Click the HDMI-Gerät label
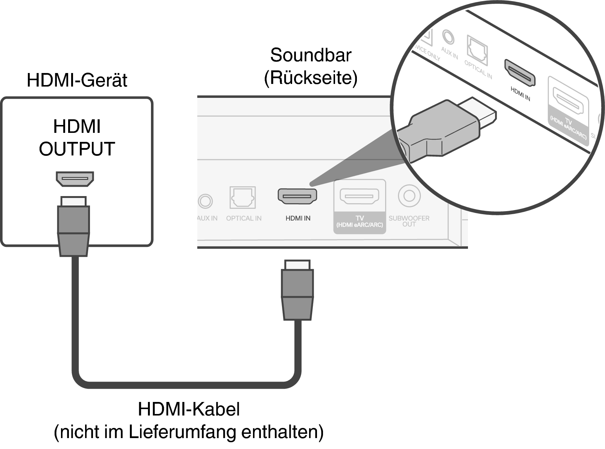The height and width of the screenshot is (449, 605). pyautogui.click(x=77, y=80)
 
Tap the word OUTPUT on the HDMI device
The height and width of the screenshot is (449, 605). pyautogui.click(x=77, y=149)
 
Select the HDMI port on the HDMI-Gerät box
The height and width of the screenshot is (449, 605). pyautogui.click(x=75, y=179)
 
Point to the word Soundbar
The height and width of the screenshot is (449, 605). pyautogui.click(x=311, y=55)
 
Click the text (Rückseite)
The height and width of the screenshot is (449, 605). pyautogui.click(x=311, y=78)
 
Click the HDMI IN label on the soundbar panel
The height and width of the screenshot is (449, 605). pyautogui.click(x=298, y=218)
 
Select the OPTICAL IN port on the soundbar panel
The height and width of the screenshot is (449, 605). pyautogui.click(x=243, y=197)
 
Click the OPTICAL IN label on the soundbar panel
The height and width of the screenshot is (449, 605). pyautogui.click(x=244, y=218)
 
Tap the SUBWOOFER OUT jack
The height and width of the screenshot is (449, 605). pyautogui.click(x=409, y=196)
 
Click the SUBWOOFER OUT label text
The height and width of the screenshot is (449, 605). pyautogui.click(x=409, y=221)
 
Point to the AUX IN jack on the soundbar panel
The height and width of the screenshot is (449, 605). pyautogui.click(x=206, y=201)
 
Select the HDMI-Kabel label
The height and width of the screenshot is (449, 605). pyautogui.click(x=189, y=409)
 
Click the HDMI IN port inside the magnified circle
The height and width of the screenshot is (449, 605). pyautogui.click(x=520, y=72)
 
